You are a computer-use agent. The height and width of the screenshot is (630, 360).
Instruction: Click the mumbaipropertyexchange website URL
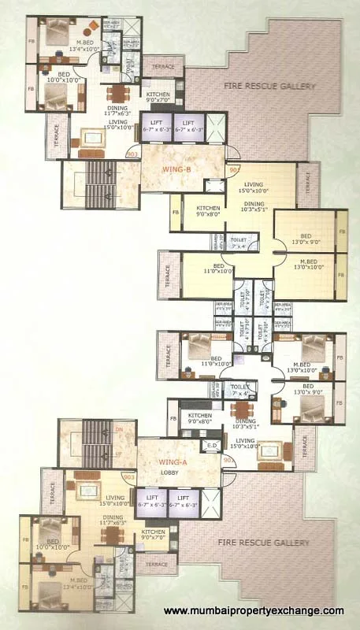(x=253, y=611)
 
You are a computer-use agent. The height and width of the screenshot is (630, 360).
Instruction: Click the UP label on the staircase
(x=119, y=454)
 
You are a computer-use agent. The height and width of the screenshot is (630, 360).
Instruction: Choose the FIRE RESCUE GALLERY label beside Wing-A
(x=264, y=543)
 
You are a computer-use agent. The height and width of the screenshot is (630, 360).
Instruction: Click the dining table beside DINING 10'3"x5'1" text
(x=241, y=410)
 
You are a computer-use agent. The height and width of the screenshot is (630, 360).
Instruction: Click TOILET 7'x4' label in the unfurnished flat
(x=237, y=242)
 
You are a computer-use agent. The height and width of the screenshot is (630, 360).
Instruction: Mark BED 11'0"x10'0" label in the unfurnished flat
(x=217, y=272)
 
